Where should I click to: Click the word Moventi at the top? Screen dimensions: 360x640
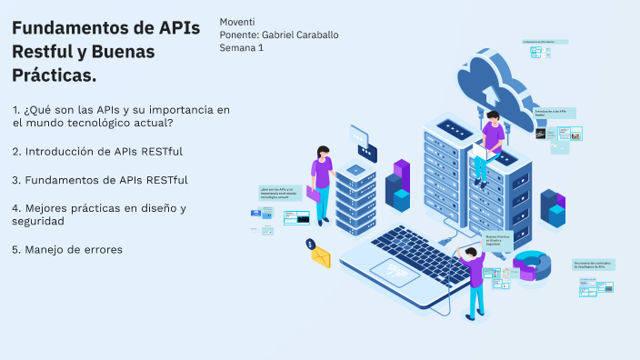[x=237, y=21]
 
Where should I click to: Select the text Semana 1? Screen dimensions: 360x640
[x=241, y=47]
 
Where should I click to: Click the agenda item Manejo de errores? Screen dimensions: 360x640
[x=67, y=249]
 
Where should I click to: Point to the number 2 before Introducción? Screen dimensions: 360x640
[x=16, y=151]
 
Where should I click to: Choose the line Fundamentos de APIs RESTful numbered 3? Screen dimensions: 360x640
[x=100, y=179]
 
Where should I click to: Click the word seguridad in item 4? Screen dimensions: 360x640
[x=38, y=221]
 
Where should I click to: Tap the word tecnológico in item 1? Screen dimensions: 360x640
[x=109, y=123]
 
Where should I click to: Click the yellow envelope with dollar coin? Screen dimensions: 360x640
[x=320, y=257]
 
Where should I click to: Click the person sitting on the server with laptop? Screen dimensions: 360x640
[x=491, y=141]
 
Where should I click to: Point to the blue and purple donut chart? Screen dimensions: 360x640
[x=533, y=265]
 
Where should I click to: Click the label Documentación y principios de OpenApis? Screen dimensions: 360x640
[x=594, y=265]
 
